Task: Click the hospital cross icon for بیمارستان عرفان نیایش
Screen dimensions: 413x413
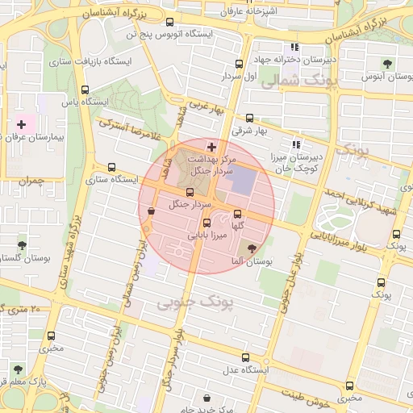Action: tap(21, 125)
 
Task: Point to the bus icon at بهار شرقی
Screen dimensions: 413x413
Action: tap(248, 118)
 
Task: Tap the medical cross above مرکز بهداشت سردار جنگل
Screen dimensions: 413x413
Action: tap(211, 147)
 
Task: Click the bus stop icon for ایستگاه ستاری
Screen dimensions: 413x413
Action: tap(111, 168)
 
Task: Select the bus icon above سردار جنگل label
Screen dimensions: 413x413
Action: tap(190, 192)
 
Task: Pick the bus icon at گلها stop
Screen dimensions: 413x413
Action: tap(237, 215)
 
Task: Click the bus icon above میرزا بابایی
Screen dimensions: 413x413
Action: tap(207, 223)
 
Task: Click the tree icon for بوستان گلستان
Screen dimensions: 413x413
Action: tap(21, 244)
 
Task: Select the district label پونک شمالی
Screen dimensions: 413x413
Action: tap(292, 81)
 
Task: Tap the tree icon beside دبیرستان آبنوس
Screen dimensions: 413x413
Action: tap(388, 63)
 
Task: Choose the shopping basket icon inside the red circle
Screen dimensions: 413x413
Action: tap(152, 211)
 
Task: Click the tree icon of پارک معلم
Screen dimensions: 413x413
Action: tap(18, 369)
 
